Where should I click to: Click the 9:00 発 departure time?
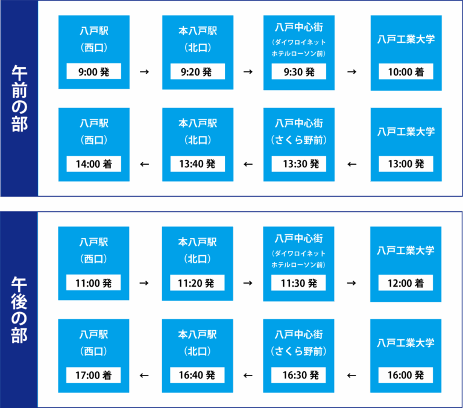point(93,71)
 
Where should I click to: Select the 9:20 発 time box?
point(198,71)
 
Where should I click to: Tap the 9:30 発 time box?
point(299,71)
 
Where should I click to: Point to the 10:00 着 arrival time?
point(406,71)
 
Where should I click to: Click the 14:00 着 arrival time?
point(93,164)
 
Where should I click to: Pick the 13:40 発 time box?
point(198,164)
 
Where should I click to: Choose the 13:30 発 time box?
point(299,164)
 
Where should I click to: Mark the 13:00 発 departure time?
point(406,164)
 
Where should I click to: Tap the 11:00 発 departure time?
point(93,282)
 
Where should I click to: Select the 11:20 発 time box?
point(197,282)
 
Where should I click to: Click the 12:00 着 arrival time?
point(406,282)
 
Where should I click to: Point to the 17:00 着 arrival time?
point(93,375)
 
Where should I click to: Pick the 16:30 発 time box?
point(298,375)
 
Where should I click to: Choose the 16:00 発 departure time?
point(406,375)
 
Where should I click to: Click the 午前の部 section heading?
point(19,98)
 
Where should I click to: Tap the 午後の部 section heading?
point(19,310)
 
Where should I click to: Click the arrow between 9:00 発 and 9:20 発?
point(145,72)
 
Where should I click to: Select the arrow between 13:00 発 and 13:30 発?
point(352,164)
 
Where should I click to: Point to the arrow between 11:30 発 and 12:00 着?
point(351,283)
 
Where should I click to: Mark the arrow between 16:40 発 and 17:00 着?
point(144,375)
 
